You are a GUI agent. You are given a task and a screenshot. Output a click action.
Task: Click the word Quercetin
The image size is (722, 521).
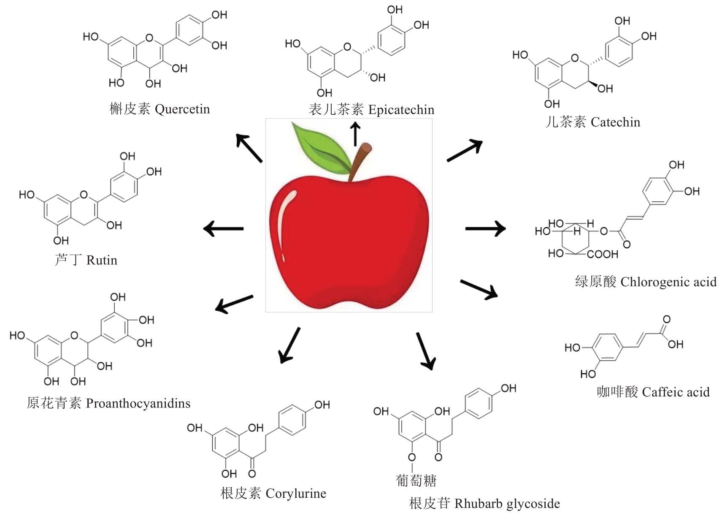coord(182,109)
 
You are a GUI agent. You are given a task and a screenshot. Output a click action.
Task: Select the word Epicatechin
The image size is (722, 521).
coord(401,110)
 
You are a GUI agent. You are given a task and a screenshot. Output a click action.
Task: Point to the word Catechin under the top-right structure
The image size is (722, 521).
coord(615,122)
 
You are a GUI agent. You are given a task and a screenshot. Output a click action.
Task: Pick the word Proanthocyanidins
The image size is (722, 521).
coord(138,403)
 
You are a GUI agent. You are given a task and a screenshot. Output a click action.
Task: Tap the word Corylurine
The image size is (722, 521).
coord(296,493)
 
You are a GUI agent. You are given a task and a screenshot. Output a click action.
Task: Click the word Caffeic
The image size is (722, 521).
coord(664,392)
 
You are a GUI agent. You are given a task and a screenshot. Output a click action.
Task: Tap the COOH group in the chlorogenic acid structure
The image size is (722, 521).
coord(602,254)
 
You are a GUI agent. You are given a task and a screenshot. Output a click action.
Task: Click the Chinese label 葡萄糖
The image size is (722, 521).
coord(416,480)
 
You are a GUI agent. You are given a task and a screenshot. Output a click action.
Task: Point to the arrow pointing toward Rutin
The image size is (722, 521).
coord(223,228)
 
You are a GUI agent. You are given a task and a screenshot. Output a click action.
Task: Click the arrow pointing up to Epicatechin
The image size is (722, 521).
coord(355,134)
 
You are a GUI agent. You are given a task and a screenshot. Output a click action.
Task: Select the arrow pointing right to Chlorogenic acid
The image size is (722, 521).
coord(485,228)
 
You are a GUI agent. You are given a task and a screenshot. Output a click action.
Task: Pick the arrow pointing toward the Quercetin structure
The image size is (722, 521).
coord(249,148)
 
